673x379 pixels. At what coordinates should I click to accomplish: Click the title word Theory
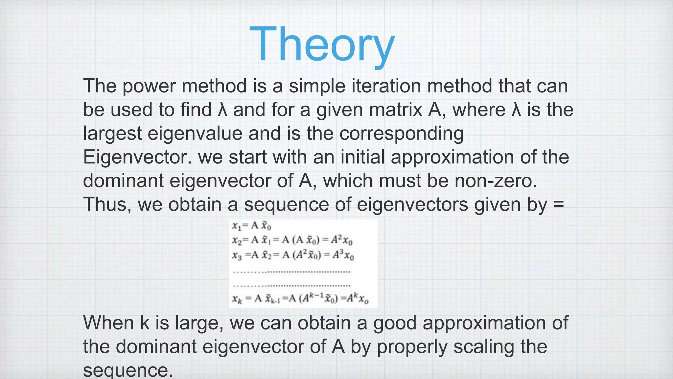[322, 44]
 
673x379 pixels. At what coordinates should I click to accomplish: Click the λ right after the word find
[222, 110]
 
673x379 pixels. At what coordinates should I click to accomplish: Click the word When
[108, 323]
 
